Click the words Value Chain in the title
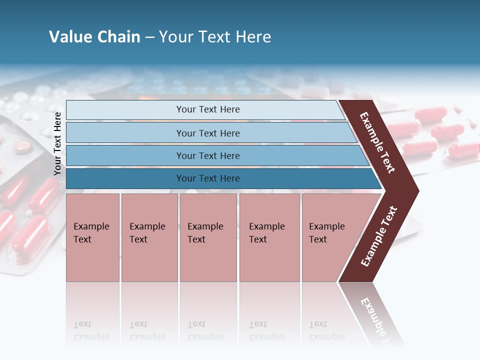click(x=94, y=37)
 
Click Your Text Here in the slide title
click(x=215, y=37)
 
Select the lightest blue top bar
click(x=207, y=109)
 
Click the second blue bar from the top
click(x=207, y=133)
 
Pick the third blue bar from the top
click(x=207, y=155)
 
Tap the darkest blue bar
click(x=207, y=178)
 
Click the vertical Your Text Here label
click(x=57, y=143)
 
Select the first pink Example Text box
click(x=92, y=237)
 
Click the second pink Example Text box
click(x=149, y=237)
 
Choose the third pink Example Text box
click(x=207, y=237)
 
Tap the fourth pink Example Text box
click(x=269, y=237)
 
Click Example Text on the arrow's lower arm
click(x=379, y=236)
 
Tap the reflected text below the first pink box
click(x=91, y=330)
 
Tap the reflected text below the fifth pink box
click(x=326, y=330)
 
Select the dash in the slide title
click(x=149, y=37)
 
